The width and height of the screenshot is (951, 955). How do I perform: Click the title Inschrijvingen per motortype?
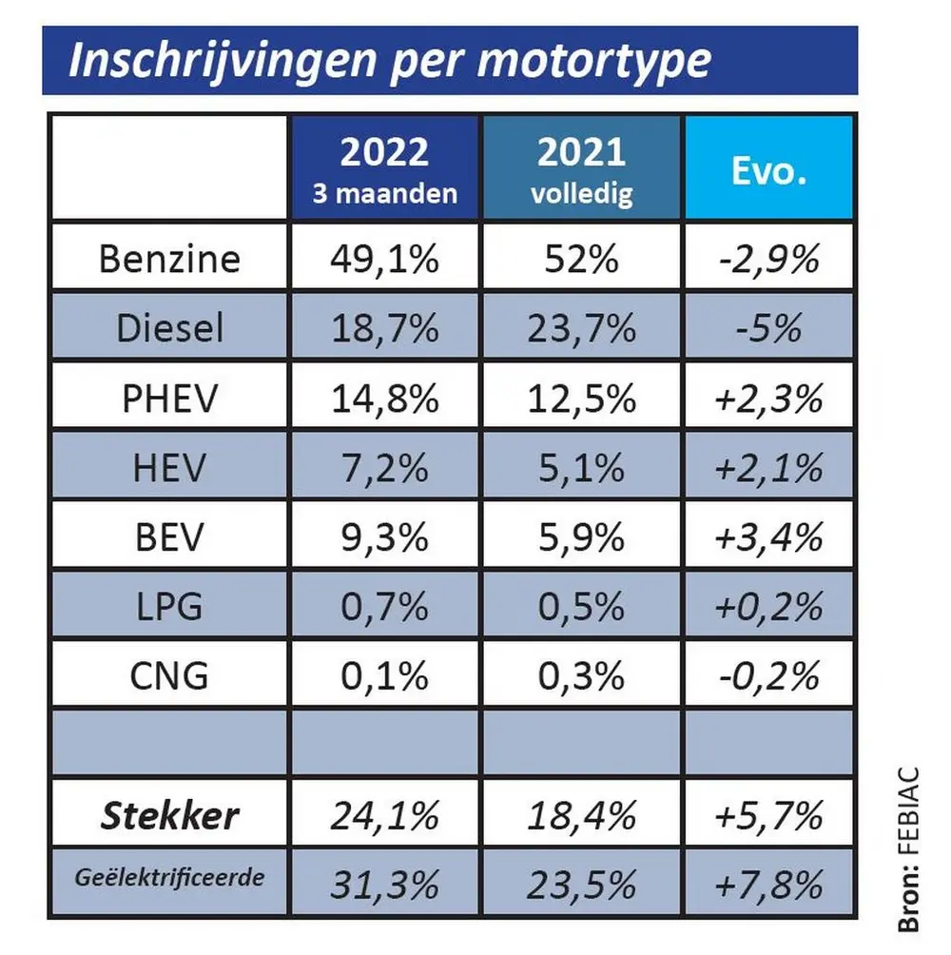click(390, 60)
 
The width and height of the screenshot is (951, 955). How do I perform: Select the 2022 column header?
click(385, 168)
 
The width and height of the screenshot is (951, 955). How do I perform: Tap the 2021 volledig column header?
click(582, 168)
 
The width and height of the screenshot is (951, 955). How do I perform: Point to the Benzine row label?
click(169, 259)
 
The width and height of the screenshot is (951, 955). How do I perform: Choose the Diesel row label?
click(169, 328)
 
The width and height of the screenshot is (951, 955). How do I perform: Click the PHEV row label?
click(169, 399)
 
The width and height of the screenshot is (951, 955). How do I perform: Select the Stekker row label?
click(169, 815)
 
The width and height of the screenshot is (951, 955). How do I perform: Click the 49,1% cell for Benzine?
click(385, 259)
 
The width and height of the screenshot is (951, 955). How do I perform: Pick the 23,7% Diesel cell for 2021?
click(582, 328)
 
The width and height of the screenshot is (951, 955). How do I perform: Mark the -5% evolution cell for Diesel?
click(769, 328)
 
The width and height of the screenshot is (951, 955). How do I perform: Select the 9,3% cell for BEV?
click(385, 537)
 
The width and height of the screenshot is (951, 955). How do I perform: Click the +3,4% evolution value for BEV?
click(769, 537)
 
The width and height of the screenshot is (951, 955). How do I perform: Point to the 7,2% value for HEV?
click(385, 468)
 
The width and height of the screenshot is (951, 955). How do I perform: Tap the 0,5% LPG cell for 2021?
click(582, 607)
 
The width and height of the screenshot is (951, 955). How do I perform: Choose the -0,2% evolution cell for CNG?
click(769, 677)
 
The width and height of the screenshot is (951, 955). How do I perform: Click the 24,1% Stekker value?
click(385, 815)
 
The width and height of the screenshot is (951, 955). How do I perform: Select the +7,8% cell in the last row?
click(769, 885)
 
